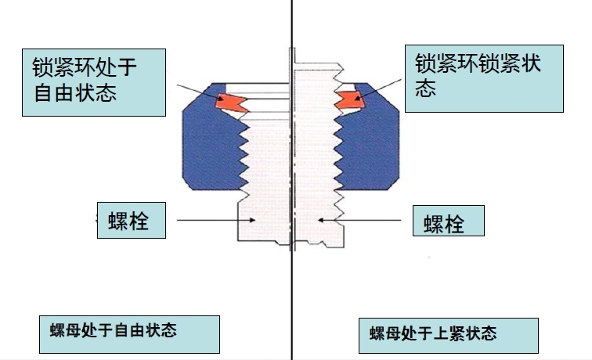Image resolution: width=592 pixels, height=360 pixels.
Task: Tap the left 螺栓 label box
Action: point(133,221)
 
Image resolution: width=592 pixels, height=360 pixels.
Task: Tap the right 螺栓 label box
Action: point(448,222)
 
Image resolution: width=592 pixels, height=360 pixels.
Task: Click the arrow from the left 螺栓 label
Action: point(211,221)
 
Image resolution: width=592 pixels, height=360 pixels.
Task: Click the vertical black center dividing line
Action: point(291,297)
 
